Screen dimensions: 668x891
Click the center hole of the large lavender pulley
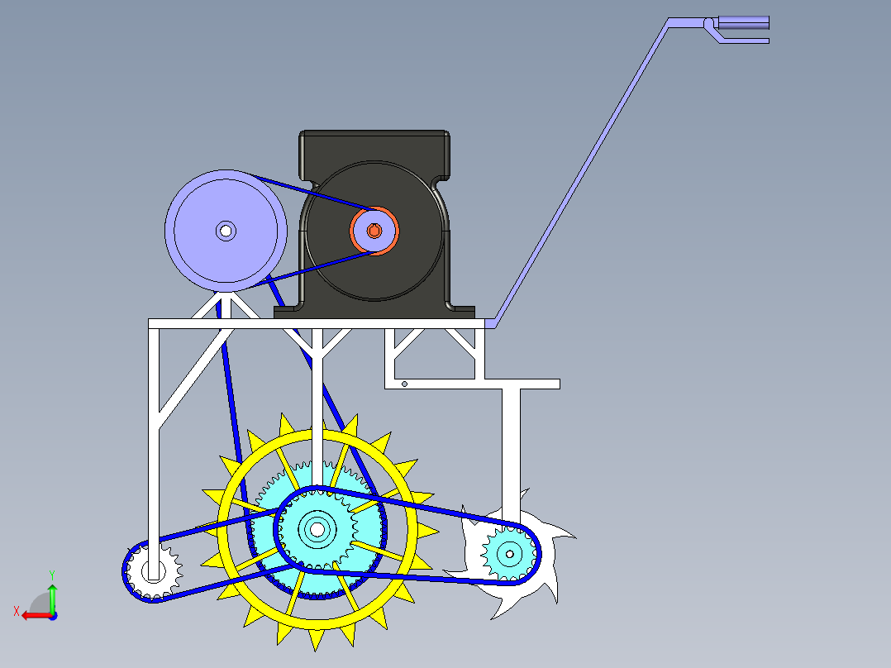click(x=225, y=231)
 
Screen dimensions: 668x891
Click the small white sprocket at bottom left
click(x=154, y=570)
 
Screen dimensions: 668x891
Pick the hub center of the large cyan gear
click(x=316, y=527)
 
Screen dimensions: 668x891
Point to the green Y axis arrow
click(x=52, y=594)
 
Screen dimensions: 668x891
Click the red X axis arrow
click(x=33, y=615)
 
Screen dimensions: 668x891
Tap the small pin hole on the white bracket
click(x=404, y=384)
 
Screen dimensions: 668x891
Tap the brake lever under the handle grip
click(x=744, y=40)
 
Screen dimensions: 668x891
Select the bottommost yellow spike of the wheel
click(x=317, y=639)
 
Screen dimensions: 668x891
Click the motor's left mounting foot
click(x=289, y=312)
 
